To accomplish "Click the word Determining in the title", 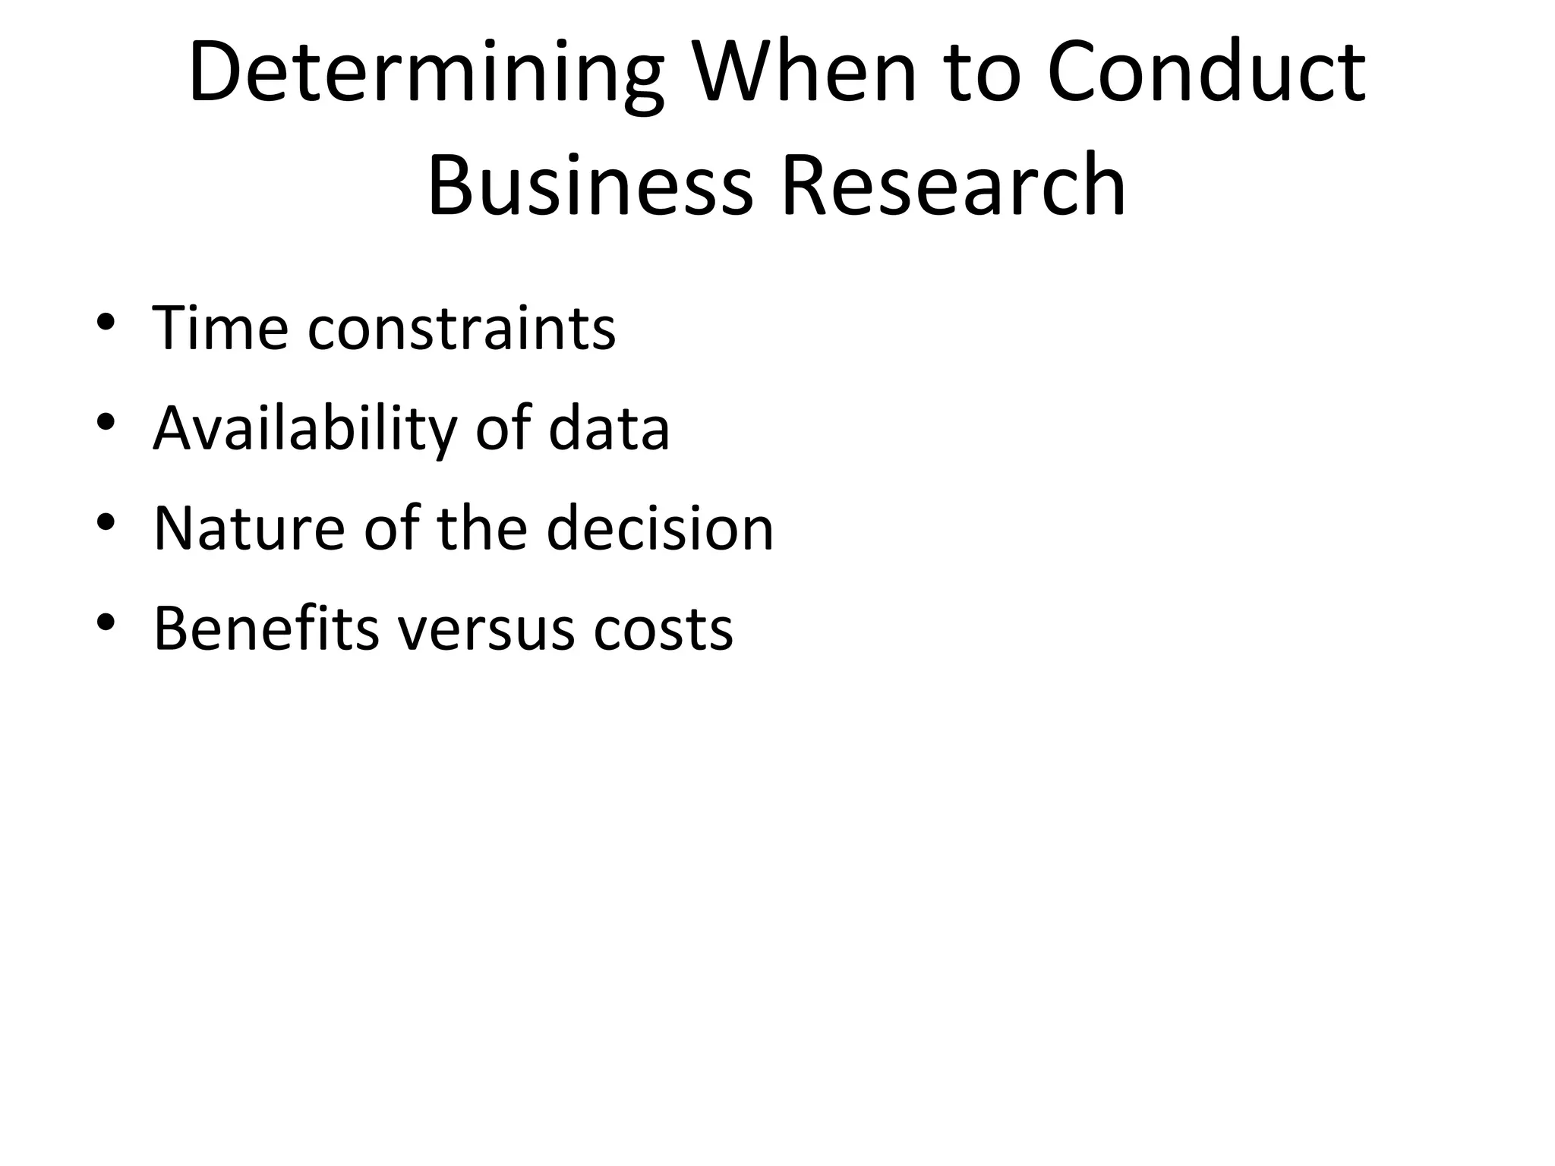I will pos(426,74).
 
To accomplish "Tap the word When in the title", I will pos(806,73).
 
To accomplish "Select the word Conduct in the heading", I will pos(1206,73).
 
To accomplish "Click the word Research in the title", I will pos(953,185).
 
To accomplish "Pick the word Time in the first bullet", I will pos(221,328).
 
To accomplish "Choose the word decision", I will pos(660,528).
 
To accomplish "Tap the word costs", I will pos(663,630).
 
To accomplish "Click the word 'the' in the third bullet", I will pos(482,528).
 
